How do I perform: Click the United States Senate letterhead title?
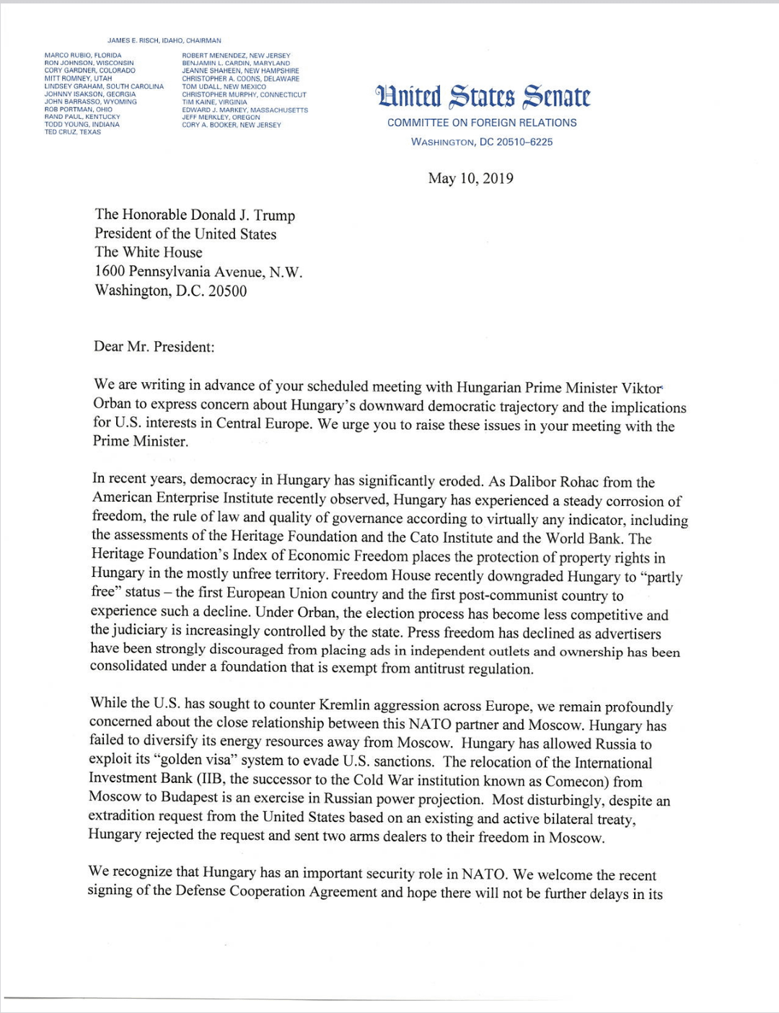click(482, 97)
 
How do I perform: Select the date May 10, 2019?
click(470, 178)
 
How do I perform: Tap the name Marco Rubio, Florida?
click(83, 56)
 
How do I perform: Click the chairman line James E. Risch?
click(164, 40)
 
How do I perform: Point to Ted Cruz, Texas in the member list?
click(73, 132)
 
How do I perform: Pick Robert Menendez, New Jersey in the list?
click(236, 56)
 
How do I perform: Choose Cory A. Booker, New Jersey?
click(232, 125)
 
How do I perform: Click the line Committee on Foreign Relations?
click(482, 123)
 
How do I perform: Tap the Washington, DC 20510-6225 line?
click(482, 142)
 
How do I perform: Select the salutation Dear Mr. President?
click(154, 347)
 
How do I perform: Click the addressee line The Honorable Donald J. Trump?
click(195, 215)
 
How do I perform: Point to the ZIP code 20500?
click(227, 291)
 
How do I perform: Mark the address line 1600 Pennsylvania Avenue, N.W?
click(198, 272)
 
